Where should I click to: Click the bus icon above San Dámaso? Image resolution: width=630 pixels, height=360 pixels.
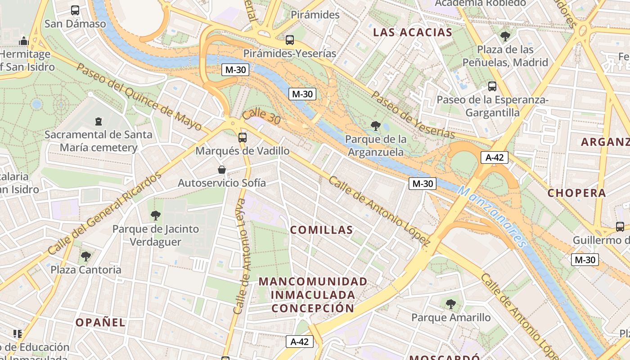(x=75, y=10)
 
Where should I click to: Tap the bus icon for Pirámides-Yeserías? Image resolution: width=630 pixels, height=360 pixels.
(x=290, y=40)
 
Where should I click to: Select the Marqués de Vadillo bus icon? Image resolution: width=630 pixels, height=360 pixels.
(x=243, y=137)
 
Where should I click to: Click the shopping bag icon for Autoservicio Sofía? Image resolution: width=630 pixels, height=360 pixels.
(x=221, y=170)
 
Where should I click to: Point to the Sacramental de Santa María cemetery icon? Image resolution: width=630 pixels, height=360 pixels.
(x=99, y=121)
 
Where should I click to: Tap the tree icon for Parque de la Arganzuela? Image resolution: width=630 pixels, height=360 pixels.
(x=375, y=126)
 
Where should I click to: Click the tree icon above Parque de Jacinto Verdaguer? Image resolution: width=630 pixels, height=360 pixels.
(x=156, y=216)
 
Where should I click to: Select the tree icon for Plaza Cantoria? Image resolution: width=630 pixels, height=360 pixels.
(x=85, y=256)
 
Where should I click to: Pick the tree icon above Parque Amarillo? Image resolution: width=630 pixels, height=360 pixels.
(x=451, y=304)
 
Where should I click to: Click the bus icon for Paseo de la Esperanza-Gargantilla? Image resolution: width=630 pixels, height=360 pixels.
(x=492, y=86)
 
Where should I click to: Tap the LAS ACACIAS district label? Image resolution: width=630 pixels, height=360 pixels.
(x=413, y=32)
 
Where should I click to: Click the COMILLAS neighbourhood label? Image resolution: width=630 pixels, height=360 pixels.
(x=321, y=230)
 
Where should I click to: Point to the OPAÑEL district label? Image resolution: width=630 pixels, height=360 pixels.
(x=100, y=322)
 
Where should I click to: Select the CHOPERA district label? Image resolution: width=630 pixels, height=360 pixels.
(x=576, y=193)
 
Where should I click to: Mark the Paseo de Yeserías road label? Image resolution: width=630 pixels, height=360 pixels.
(x=413, y=115)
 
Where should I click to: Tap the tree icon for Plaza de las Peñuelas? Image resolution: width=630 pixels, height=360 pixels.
(x=505, y=36)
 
